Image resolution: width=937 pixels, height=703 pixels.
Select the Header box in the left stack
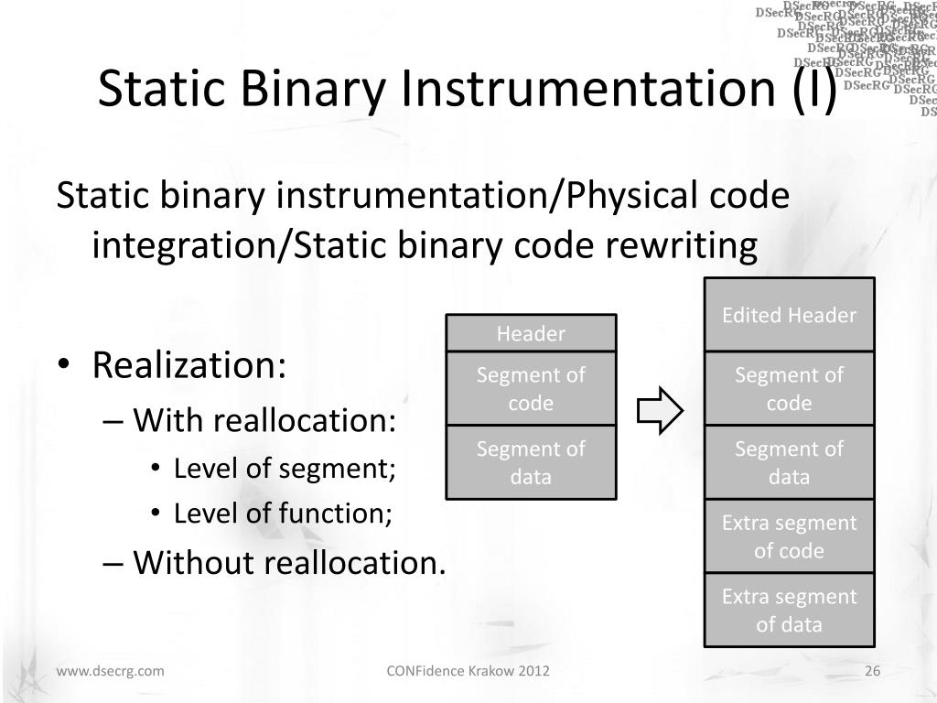click(531, 334)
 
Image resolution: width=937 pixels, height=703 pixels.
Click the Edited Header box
click(789, 316)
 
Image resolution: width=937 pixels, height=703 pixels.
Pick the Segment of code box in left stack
click(531, 389)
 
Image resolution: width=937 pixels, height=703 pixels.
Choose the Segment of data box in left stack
click(531, 462)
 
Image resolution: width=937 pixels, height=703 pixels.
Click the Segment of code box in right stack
click(789, 389)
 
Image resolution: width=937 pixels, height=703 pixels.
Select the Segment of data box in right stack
click(789, 462)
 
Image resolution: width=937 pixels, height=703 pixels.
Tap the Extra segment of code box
click(789, 536)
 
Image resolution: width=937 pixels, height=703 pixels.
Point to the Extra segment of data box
click(789, 611)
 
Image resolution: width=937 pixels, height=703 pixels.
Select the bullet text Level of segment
click(285, 469)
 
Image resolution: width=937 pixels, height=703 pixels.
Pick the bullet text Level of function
click(283, 514)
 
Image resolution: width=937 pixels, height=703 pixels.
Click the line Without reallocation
click(289, 562)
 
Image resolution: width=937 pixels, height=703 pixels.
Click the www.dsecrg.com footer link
click(111, 671)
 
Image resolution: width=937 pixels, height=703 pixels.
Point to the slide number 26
click(872, 671)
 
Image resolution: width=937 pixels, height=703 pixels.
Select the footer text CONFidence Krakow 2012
click(468, 671)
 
